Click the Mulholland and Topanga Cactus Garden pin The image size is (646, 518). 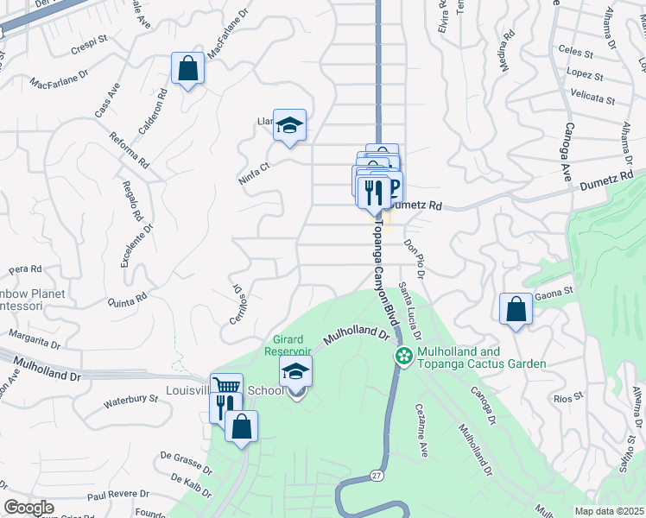(402, 355)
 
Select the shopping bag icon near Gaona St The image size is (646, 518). (516, 309)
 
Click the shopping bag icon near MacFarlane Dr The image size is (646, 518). (187, 68)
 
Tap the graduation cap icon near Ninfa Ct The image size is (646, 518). (290, 124)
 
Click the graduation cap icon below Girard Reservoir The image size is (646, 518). (295, 372)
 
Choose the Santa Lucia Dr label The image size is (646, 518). (412, 310)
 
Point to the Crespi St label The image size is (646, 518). (89, 40)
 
